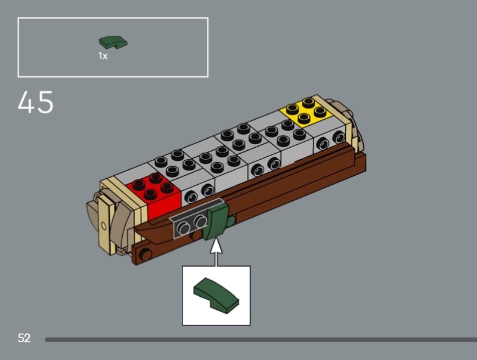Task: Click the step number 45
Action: click(x=36, y=102)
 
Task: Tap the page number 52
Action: click(x=24, y=338)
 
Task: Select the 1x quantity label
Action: click(x=103, y=56)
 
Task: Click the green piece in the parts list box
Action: click(x=113, y=42)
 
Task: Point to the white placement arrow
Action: click(x=216, y=252)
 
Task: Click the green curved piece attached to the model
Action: click(x=217, y=221)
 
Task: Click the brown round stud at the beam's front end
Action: click(x=145, y=254)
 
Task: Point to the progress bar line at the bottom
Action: click(x=261, y=340)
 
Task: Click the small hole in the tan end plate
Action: click(x=104, y=226)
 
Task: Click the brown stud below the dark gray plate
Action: click(x=196, y=235)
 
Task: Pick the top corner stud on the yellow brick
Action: click(x=308, y=101)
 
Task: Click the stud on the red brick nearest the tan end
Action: click(x=139, y=184)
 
